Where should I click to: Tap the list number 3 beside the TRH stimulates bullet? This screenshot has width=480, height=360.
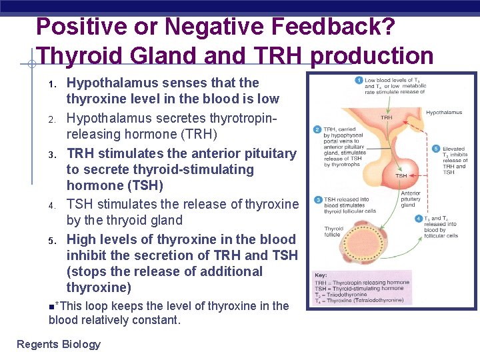pos(51,155)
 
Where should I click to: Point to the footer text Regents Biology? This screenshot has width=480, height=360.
pos(59,344)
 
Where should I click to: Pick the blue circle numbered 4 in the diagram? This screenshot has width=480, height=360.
pos(418,218)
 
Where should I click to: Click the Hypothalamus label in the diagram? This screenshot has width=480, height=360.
pos(444,113)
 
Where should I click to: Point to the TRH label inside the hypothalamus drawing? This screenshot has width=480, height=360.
pos(386,117)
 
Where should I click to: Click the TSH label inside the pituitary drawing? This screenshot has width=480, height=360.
pos(401,176)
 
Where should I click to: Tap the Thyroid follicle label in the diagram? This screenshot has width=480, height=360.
pos(334,232)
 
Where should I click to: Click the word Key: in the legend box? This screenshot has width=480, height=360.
pos(321,275)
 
